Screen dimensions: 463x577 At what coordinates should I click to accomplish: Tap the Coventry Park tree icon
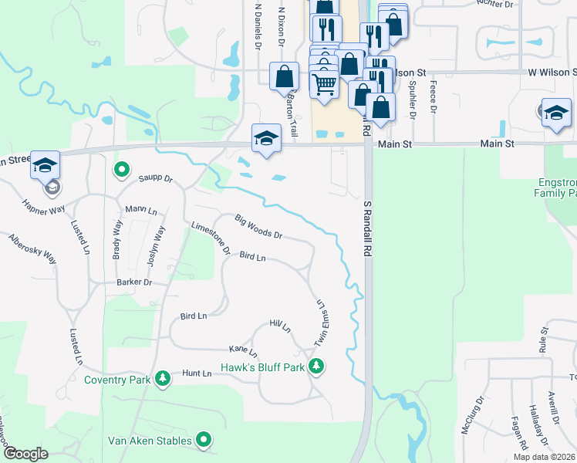162,378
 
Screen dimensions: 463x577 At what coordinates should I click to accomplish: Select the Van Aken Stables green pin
204,440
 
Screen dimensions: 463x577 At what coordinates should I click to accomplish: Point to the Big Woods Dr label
258,227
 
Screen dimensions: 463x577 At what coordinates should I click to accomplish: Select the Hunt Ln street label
197,373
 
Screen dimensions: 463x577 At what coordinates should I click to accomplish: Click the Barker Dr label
134,282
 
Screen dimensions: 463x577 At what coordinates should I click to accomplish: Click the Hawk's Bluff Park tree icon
315,366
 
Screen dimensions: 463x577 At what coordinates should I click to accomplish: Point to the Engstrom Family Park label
555,188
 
